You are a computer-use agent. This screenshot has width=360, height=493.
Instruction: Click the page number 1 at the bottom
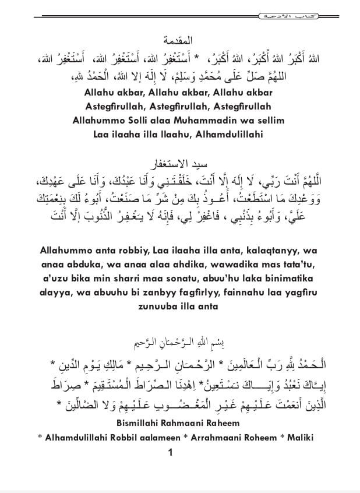(170, 453)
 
